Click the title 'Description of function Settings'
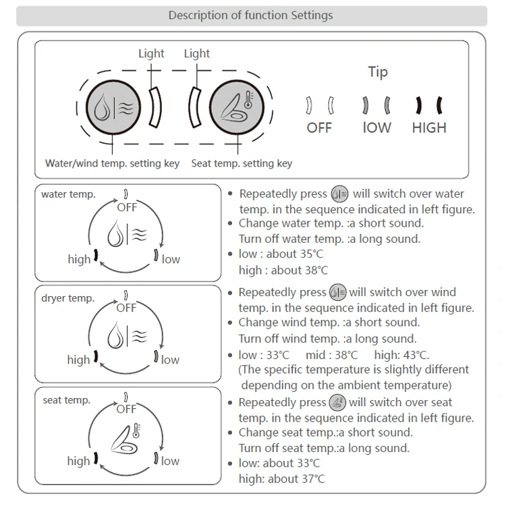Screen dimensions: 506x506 click(250, 15)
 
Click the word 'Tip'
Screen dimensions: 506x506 click(378, 72)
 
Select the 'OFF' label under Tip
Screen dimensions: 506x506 click(319, 128)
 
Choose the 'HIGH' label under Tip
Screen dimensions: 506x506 click(429, 128)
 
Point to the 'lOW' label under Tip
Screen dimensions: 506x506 click(376, 128)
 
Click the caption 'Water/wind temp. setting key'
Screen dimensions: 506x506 click(112, 163)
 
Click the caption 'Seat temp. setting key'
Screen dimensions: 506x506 click(242, 163)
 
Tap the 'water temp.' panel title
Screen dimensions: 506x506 click(68, 194)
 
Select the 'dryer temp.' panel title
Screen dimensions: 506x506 click(68, 298)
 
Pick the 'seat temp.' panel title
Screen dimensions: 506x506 click(67, 400)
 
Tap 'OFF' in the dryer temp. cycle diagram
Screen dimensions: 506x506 click(126, 308)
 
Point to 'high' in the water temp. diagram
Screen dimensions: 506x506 click(79, 259)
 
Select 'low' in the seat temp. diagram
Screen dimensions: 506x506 click(170, 461)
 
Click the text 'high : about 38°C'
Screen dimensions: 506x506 click(283, 270)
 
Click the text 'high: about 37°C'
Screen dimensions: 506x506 click(281, 479)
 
